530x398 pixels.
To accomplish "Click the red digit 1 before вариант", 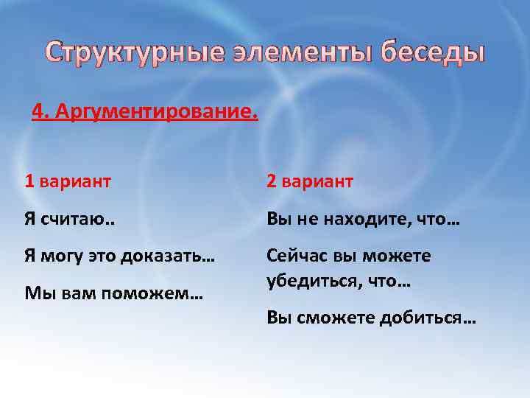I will tap(29, 181).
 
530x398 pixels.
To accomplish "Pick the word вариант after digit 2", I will tap(319, 181).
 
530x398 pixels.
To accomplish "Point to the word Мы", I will tap(35, 294).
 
